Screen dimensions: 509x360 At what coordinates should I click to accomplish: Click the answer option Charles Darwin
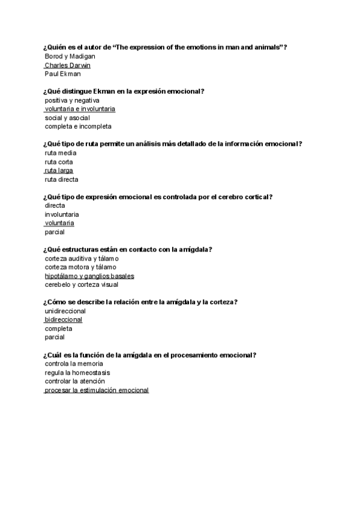pyautogui.click(x=67, y=65)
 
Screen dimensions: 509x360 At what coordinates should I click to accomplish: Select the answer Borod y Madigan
pyautogui.click(x=70, y=56)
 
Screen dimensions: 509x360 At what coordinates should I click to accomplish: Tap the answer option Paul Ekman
pyautogui.click(x=62, y=74)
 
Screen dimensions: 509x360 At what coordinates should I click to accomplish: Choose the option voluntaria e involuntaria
pyautogui.click(x=80, y=109)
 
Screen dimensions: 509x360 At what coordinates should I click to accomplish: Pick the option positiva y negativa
pyautogui.click(x=72, y=100)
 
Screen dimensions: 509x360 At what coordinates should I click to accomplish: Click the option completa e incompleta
pyautogui.click(x=78, y=127)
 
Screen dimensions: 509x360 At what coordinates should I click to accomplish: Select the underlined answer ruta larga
pyautogui.click(x=59, y=170)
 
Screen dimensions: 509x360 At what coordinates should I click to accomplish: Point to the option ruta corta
pyautogui.click(x=59, y=161)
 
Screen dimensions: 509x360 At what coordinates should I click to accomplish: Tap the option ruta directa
pyautogui.click(x=61, y=179)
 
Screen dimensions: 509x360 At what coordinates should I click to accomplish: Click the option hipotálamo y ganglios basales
pyautogui.click(x=89, y=276)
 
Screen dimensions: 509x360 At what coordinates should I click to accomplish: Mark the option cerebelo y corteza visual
pyautogui.click(x=81, y=285)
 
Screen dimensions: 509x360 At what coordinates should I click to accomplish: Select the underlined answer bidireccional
pyautogui.click(x=63, y=320)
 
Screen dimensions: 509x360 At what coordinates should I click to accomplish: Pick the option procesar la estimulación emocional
pyautogui.click(x=97, y=390)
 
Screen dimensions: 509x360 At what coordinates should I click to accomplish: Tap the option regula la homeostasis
pyautogui.click(x=77, y=373)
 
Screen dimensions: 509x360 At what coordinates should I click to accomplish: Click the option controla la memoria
pyautogui.click(x=74, y=364)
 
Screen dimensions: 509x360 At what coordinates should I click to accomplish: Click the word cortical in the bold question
pyautogui.click(x=257, y=197)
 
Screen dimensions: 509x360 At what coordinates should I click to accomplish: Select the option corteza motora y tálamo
pyautogui.click(x=80, y=267)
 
